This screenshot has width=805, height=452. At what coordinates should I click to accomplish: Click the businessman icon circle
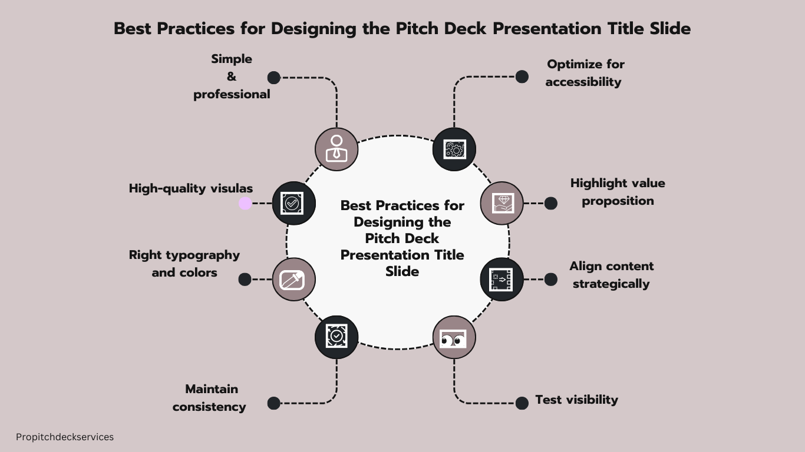coord(336,149)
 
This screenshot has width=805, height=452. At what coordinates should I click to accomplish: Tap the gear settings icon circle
coord(454,149)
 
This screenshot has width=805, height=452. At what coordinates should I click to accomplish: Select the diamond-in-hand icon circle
coord(502,203)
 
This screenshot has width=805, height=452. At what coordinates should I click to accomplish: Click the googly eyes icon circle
coord(454,337)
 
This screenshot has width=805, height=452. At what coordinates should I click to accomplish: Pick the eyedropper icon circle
coord(293,280)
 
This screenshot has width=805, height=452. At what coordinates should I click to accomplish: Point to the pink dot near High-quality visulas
coord(245,204)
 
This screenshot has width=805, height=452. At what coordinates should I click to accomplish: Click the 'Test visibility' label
coord(576,400)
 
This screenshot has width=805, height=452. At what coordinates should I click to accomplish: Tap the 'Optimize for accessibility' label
coord(585,73)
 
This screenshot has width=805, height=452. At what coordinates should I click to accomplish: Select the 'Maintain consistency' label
coord(210,398)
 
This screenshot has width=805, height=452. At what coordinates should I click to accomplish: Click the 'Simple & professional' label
coord(232,77)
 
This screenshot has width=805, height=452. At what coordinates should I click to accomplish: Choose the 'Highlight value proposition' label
coord(618,192)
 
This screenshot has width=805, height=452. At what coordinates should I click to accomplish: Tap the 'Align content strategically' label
coord(611,275)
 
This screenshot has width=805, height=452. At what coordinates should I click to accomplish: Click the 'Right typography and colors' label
coord(184,264)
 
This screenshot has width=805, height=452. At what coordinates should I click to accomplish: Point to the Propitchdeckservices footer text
coord(65,437)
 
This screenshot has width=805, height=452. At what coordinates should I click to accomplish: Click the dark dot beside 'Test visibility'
coord(522,403)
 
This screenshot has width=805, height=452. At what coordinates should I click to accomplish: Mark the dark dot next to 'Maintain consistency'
coord(274,403)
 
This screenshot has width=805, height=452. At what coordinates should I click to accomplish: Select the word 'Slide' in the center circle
coord(402,271)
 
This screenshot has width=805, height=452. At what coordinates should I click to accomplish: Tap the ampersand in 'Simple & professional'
coord(232,77)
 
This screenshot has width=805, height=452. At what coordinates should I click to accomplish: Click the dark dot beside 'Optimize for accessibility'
coord(522,77)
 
